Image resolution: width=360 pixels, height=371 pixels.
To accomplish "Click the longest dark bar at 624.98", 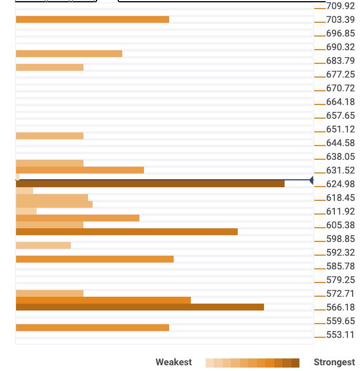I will (150, 184).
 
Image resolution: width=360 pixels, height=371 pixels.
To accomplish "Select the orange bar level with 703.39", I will (92, 19).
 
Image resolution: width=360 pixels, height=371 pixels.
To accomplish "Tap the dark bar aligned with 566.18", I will (139, 307).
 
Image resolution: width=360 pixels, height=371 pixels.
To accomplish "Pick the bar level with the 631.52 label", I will (79, 170).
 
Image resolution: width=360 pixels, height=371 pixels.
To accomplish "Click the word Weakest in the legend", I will (173, 362).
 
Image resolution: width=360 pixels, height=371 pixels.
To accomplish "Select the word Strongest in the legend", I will (334, 362).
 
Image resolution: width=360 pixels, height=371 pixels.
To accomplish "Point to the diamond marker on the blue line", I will (312, 180).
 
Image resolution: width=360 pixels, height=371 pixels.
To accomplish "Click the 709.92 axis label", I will (340, 6).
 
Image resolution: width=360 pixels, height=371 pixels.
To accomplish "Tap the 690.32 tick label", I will (340, 47).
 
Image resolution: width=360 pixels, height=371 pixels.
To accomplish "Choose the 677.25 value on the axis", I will (340, 75).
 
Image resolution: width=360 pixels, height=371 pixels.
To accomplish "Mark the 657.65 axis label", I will (340, 116).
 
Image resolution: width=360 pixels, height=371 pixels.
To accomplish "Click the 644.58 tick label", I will (340, 143).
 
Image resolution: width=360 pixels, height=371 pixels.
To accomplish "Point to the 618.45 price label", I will (340, 198).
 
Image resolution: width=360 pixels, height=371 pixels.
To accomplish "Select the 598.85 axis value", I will (340, 239).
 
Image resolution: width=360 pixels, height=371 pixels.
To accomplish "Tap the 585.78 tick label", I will (340, 267).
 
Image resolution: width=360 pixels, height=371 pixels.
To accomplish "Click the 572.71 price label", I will (340, 294).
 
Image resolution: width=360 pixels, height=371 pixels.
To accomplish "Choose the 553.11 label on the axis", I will (340, 335).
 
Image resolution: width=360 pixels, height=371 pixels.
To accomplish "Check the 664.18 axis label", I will (340, 102).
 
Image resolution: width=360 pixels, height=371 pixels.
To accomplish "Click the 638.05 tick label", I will (340, 157).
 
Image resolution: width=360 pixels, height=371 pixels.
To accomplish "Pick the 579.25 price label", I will (340, 280).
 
